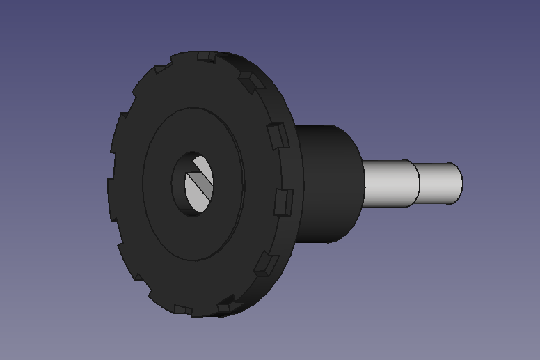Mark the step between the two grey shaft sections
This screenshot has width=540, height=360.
418,183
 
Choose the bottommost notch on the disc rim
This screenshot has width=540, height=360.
183,309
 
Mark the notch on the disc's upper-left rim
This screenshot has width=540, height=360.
159,70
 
